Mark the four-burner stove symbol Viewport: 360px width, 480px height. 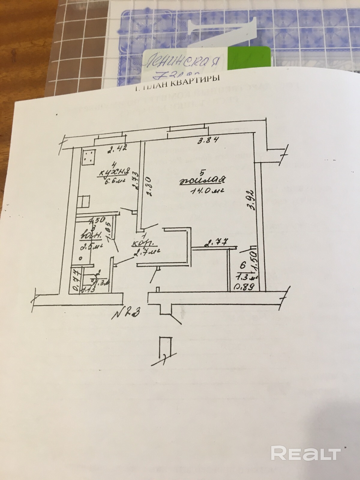click(x=88, y=157)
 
